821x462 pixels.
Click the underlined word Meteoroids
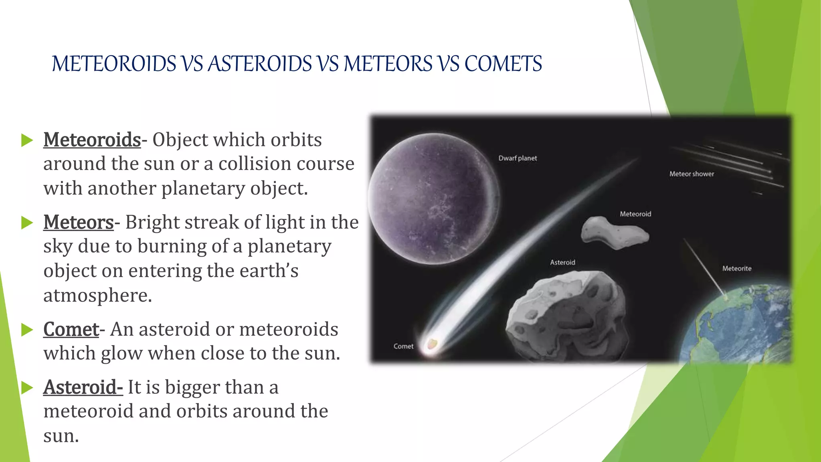tap(92, 140)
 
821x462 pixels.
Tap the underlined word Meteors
tap(79, 222)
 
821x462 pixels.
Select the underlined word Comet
tap(71, 329)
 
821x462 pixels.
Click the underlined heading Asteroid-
tap(83, 387)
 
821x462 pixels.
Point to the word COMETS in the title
tap(503, 64)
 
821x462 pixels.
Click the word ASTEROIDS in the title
tap(260, 64)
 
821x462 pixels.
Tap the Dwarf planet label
tap(517, 158)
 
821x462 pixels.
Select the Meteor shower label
tap(692, 174)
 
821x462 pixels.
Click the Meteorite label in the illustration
tap(736, 269)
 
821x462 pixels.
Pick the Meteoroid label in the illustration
tap(635, 214)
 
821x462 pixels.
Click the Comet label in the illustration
tap(403, 346)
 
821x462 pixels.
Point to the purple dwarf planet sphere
tap(433, 199)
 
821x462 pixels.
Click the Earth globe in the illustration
tap(742, 329)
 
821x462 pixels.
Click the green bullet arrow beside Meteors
tap(27, 223)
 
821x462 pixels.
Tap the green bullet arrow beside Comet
tap(27, 330)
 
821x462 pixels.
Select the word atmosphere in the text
tap(97, 296)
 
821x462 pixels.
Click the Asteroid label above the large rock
tap(562, 263)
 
